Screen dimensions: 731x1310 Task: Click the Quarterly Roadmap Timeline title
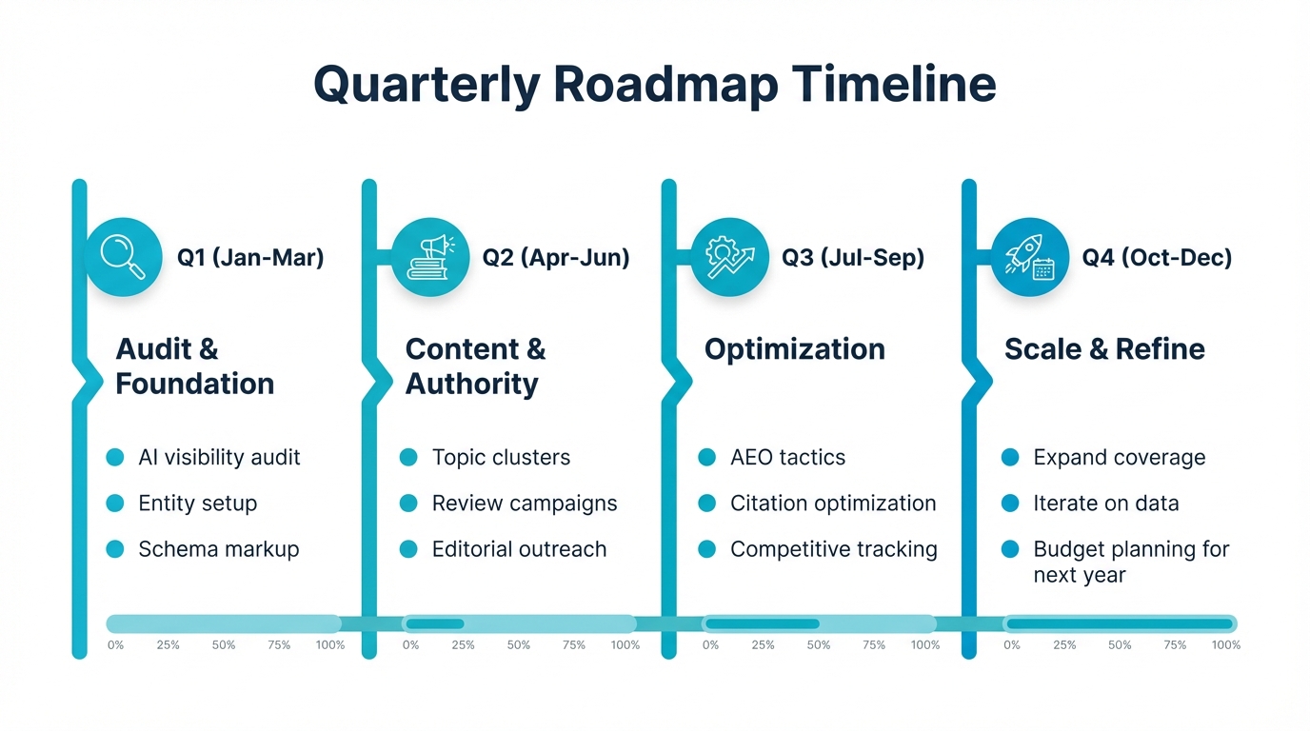click(x=654, y=84)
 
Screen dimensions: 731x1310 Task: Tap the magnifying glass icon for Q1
click(x=124, y=257)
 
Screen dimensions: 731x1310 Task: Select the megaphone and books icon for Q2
click(x=429, y=257)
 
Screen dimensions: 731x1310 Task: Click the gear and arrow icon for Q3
click(x=729, y=257)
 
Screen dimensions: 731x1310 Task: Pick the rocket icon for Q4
click(x=1029, y=257)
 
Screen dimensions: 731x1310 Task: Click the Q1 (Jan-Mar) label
click(x=250, y=257)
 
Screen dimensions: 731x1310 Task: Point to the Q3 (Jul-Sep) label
click(x=852, y=257)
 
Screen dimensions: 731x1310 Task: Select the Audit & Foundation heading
click(x=194, y=366)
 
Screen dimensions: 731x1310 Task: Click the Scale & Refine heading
click(x=1104, y=349)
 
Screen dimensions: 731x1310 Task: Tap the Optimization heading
click(x=794, y=349)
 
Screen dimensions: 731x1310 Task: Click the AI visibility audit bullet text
click(x=219, y=458)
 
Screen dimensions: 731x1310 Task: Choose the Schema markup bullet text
click(x=218, y=549)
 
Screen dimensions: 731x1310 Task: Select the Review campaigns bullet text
click(x=524, y=504)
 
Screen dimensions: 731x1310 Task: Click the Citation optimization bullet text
click(x=833, y=504)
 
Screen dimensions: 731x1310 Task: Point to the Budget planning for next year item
click(x=1130, y=562)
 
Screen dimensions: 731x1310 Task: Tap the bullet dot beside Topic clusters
click(x=408, y=458)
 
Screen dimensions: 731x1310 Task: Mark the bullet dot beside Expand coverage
click(x=1010, y=458)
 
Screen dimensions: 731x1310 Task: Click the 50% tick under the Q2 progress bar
click(x=519, y=645)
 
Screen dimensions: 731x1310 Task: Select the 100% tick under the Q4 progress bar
click(x=1225, y=645)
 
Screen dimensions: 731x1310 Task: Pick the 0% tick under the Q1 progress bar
click(x=115, y=645)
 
